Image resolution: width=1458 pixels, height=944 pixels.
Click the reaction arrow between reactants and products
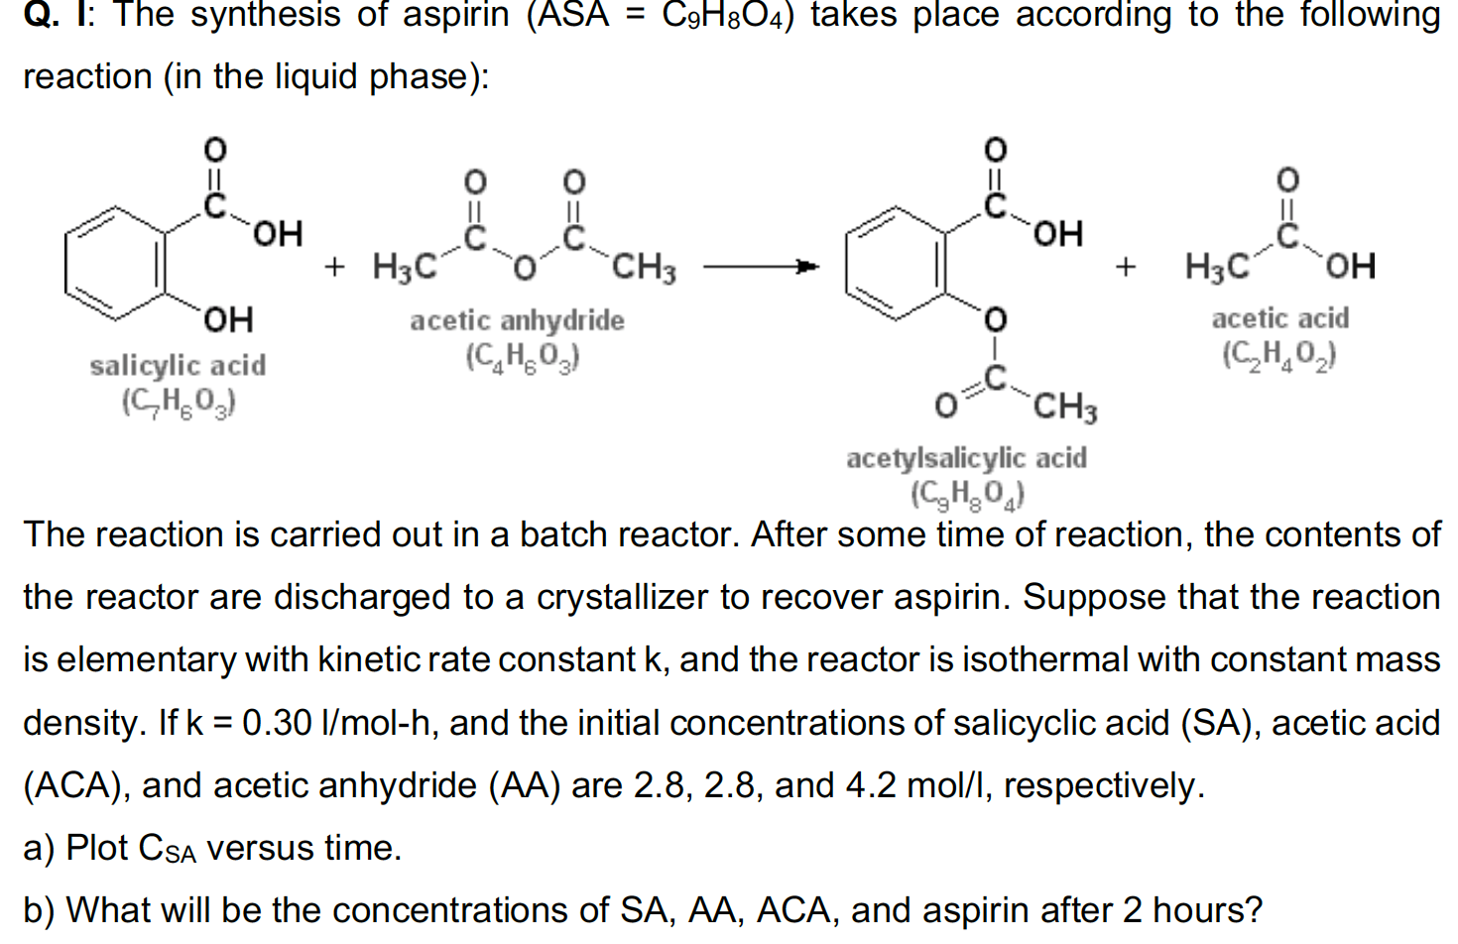[761, 266]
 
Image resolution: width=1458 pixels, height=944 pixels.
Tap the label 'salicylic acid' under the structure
[178, 366]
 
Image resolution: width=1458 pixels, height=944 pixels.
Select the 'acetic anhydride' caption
[517, 320]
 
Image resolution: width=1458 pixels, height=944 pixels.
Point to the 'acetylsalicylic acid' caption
[966, 458]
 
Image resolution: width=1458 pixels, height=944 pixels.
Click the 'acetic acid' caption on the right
[1279, 318]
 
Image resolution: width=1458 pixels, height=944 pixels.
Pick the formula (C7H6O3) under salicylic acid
[178, 403]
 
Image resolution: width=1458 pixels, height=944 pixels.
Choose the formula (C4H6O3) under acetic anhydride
[523, 357]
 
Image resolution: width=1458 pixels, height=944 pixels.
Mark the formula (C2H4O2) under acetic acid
[1278, 355]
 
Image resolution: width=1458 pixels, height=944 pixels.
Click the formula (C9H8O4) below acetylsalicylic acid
[967, 493]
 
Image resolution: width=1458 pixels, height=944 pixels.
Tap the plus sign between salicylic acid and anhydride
[334, 266]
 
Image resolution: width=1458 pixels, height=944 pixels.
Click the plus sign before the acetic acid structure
[1125, 266]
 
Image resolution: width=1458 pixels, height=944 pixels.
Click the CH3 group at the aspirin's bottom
[1064, 407]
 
